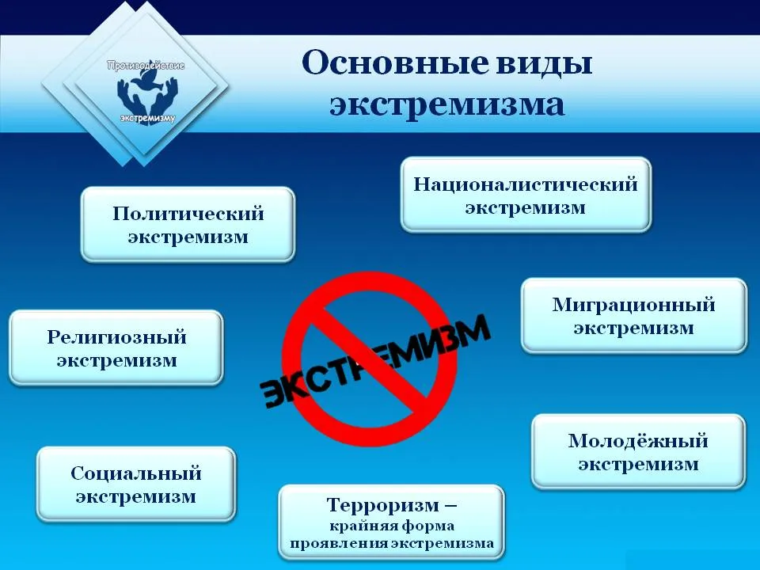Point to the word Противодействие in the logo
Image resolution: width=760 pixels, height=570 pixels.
(x=146, y=66)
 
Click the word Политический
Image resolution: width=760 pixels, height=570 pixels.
(x=188, y=214)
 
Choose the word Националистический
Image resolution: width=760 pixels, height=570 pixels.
(x=526, y=184)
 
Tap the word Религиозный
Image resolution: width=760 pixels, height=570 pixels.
(x=117, y=337)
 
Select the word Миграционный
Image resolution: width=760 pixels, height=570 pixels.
(x=633, y=305)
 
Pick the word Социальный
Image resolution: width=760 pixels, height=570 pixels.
(x=135, y=473)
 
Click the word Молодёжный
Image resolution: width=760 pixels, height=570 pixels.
(x=638, y=441)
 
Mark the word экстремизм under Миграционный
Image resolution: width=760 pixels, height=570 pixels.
(x=633, y=328)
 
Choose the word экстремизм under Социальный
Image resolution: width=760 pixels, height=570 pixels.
(x=135, y=497)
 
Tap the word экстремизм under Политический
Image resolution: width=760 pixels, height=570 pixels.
(x=188, y=237)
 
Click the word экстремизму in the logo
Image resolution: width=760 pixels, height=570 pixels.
(x=147, y=118)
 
